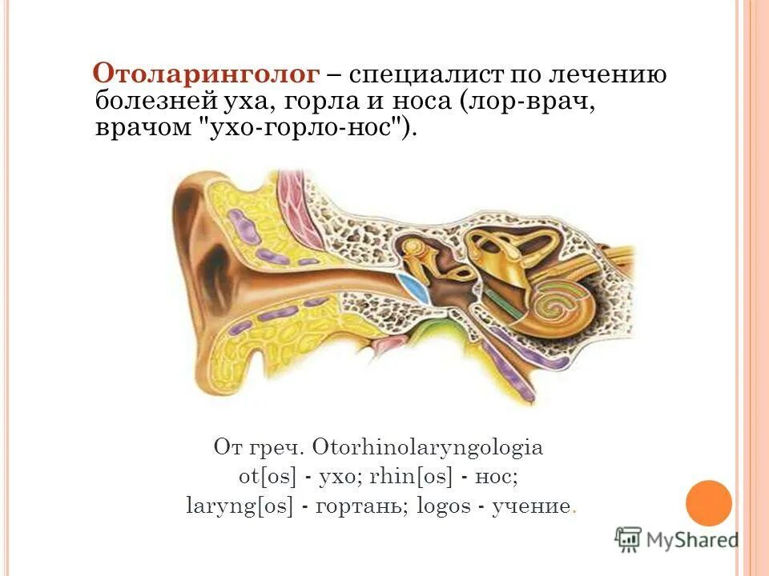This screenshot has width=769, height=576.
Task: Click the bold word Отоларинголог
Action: pos(207,74)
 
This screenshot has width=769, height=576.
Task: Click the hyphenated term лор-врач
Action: pos(529,101)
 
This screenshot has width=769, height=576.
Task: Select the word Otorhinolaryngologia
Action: pos(428,447)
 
